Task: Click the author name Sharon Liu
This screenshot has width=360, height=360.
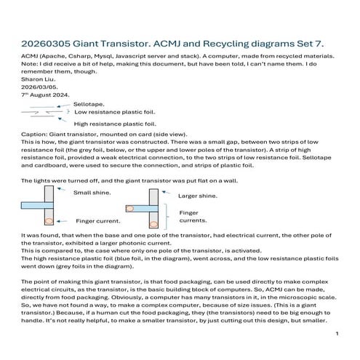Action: point(39,79)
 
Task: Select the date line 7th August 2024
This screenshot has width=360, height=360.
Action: point(45,95)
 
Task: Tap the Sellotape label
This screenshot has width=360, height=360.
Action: point(89,104)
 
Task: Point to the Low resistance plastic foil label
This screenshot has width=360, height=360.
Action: point(114,112)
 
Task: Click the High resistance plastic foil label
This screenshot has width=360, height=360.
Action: point(115,124)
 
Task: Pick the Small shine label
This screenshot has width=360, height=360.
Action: point(92,193)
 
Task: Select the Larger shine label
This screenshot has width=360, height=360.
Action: point(198,196)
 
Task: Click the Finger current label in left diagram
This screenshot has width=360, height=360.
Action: point(98,221)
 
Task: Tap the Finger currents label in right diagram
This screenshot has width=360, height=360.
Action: point(193,217)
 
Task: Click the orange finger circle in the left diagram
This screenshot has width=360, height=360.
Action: point(49,221)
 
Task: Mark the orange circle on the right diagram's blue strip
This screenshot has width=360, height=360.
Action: point(129,209)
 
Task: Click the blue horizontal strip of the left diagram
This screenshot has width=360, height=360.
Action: point(37,205)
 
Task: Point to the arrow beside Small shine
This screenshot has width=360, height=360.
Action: point(61,189)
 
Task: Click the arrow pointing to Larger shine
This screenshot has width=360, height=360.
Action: point(167,193)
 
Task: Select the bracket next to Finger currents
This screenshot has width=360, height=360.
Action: point(167,217)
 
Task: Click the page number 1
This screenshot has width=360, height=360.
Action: point(337,334)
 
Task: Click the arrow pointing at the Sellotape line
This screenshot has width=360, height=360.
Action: point(63,105)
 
